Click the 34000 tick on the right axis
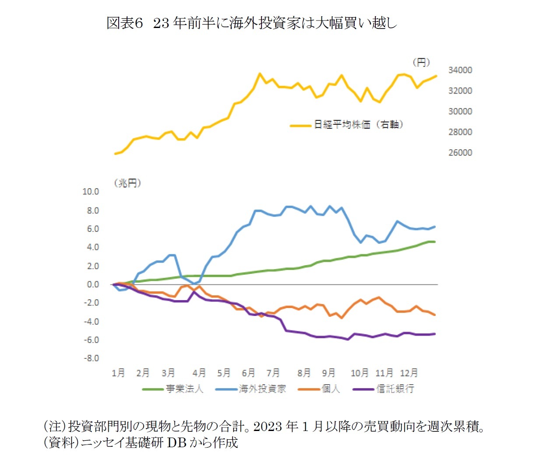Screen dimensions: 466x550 [460, 70]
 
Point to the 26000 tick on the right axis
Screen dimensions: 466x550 [460, 153]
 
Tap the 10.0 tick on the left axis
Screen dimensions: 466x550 [91, 192]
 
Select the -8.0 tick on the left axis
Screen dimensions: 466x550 [91, 358]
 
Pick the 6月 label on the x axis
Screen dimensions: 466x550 [248, 373]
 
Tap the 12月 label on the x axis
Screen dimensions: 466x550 [409, 373]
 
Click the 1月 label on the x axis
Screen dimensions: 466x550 [118, 373]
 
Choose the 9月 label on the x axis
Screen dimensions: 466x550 [328, 373]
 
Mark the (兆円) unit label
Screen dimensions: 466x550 [127, 183]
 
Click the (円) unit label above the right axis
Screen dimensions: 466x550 [421, 62]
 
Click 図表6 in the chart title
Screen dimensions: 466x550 [125, 23]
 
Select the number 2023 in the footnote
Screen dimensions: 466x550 [268, 426]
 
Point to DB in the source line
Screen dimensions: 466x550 [176, 443]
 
